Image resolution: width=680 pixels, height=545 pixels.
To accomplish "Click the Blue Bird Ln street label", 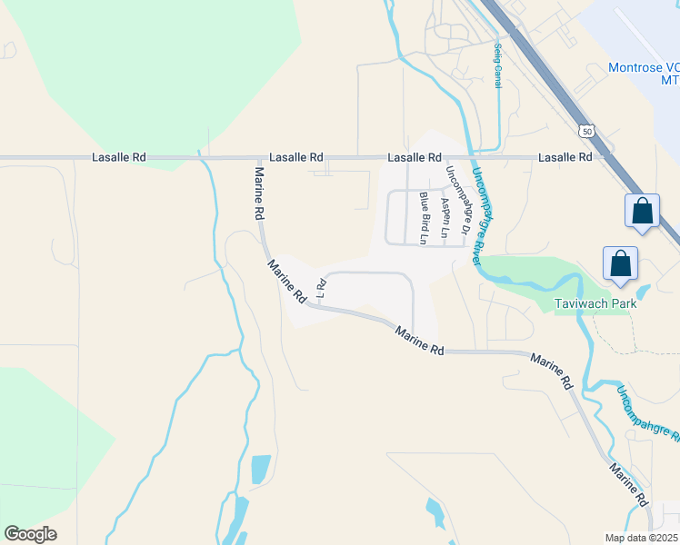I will (x=424, y=217).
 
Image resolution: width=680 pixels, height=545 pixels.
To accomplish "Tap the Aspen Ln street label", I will (x=445, y=218).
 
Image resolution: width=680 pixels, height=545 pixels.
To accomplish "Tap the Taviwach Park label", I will (x=595, y=302).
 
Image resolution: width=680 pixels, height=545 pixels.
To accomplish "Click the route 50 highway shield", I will (x=589, y=131).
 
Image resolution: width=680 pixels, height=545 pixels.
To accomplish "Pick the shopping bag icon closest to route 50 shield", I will (x=642, y=211).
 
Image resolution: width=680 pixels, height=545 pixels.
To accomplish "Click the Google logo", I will (x=30, y=534).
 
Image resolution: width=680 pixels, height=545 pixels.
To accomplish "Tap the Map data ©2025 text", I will (x=642, y=538).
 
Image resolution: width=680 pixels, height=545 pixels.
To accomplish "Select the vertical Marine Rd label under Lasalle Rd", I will (x=259, y=193).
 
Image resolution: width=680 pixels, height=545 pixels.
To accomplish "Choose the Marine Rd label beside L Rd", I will (x=286, y=282).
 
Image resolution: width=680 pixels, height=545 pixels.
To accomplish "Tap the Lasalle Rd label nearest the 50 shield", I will (x=565, y=157).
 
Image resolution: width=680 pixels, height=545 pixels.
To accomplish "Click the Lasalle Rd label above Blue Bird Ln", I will (x=415, y=157).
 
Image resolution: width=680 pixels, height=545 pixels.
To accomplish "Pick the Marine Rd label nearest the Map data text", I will (x=628, y=486).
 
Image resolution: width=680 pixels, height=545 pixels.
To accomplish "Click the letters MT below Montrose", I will (x=669, y=82).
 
